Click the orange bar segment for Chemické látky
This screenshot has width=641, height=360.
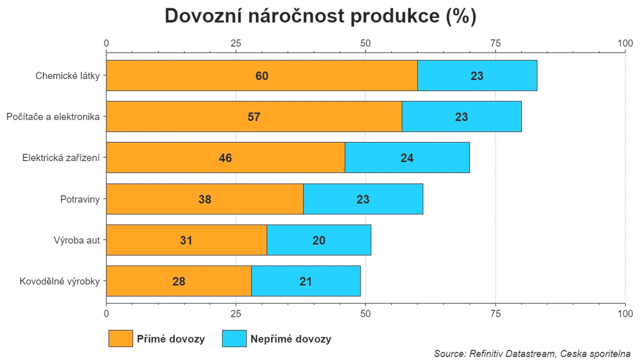point(214,76)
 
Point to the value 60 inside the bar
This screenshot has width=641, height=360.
point(262,76)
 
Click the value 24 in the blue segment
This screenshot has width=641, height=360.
point(407,158)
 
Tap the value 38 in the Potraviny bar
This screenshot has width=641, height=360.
point(205,199)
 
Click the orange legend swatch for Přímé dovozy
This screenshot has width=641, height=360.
point(120,339)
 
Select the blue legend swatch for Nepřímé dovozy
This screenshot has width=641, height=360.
point(234,339)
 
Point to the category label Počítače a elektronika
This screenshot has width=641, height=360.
point(53,116)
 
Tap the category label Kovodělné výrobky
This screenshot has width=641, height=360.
point(59,281)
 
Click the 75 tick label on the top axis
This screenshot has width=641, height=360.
point(495,43)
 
